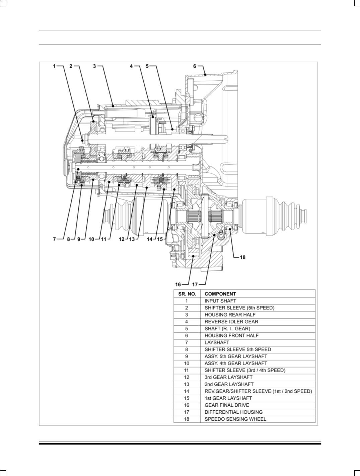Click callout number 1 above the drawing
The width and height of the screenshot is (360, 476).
pyautogui.click(x=54, y=66)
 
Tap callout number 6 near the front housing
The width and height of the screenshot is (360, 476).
pyautogui.click(x=195, y=66)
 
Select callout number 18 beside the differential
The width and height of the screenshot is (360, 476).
pyautogui.click(x=243, y=257)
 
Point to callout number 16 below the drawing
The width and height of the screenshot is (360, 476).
pyautogui.click(x=178, y=285)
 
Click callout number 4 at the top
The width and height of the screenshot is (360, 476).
pyautogui.click(x=132, y=66)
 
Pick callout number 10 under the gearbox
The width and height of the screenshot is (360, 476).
pyautogui.click(x=91, y=239)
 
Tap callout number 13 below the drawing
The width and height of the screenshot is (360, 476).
pyautogui.click(x=132, y=239)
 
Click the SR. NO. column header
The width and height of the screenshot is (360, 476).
pyautogui.click(x=187, y=294)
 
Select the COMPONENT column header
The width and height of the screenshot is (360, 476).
pyautogui.click(x=220, y=294)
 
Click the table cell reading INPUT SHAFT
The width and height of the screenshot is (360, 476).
pyautogui.click(x=220, y=301)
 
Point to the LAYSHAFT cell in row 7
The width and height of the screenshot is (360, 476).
pyautogui.click(x=217, y=342)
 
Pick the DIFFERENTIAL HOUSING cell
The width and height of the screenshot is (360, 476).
pyautogui.click(x=233, y=412)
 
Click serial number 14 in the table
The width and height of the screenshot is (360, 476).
pyautogui.click(x=187, y=391)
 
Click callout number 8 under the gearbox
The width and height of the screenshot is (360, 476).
pyautogui.click(x=68, y=239)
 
